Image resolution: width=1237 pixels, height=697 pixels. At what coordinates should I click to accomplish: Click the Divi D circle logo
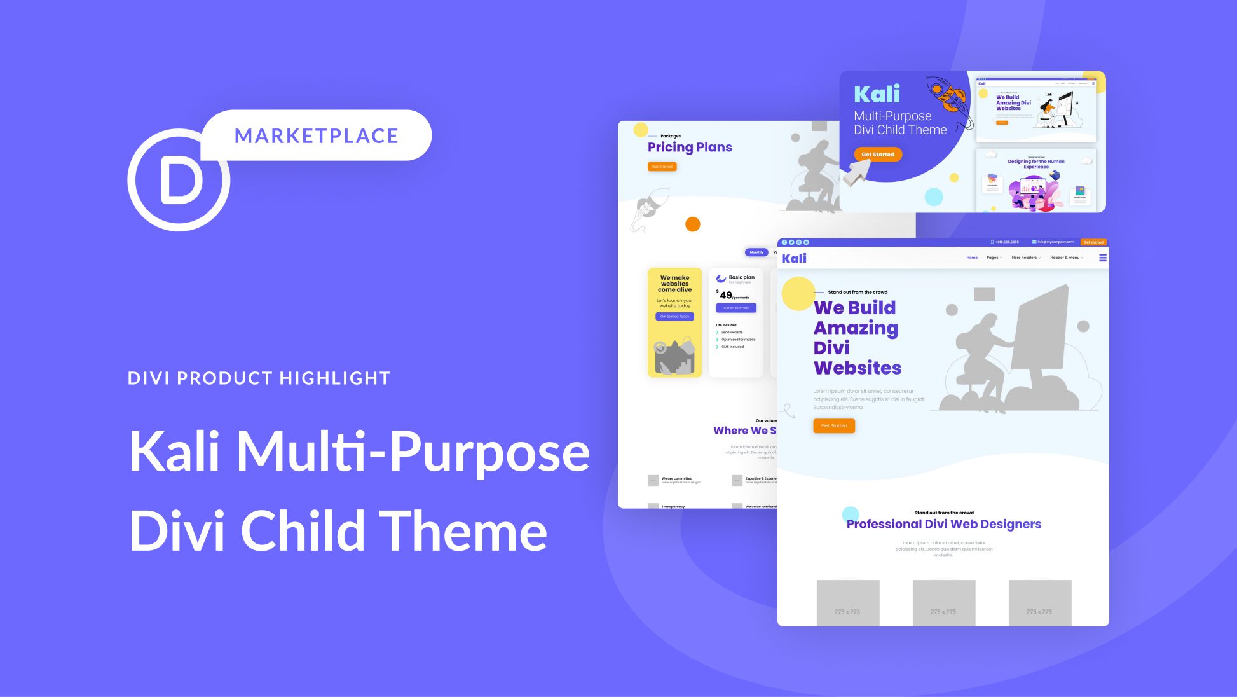[179, 181]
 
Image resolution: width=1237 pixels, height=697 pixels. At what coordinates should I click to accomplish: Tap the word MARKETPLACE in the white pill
[316, 135]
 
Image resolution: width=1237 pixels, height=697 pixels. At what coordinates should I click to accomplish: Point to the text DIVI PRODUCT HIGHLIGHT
[259, 378]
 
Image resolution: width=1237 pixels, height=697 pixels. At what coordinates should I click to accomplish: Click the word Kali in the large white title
[174, 452]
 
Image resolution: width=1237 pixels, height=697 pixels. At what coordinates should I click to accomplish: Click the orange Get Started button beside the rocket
[877, 155]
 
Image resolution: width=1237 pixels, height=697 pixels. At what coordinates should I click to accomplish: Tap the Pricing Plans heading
[690, 148]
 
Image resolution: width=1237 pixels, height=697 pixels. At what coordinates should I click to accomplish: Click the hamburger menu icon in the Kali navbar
[1103, 258]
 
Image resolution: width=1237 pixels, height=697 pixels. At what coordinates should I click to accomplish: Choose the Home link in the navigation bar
[972, 258]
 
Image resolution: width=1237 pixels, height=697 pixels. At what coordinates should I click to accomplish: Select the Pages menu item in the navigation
[994, 258]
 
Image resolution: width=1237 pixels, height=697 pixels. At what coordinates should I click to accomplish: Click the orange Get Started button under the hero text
[833, 425]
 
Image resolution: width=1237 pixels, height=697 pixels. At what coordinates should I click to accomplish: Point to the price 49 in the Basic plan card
[726, 295]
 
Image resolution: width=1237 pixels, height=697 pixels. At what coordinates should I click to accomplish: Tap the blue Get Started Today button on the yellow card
[674, 316]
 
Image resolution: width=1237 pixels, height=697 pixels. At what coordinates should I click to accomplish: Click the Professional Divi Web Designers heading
[943, 524]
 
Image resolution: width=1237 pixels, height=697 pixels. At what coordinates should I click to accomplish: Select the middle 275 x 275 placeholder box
[943, 602]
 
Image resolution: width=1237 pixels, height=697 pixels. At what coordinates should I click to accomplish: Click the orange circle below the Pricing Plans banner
[693, 224]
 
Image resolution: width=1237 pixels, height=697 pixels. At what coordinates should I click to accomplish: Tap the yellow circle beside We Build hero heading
[797, 294]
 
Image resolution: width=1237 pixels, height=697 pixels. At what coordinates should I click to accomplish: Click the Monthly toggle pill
[756, 252]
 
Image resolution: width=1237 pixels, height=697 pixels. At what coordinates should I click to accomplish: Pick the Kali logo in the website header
[794, 258]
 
